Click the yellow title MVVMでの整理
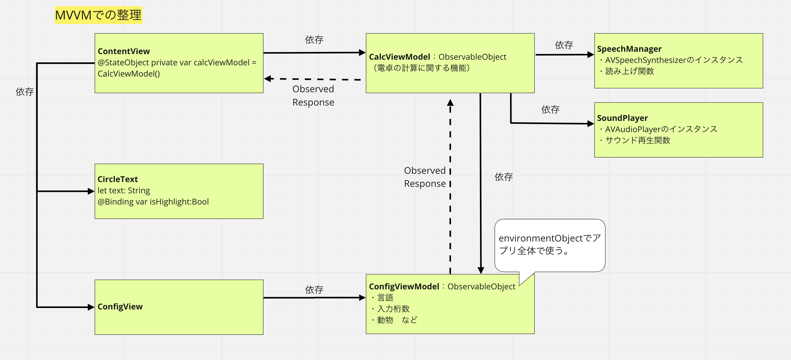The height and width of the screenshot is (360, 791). point(98,15)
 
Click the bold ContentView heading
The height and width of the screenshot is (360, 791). point(123,51)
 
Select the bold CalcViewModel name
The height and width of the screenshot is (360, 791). point(399,57)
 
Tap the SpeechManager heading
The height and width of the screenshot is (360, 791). point(629,49)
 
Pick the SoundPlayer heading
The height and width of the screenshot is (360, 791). point(622,118)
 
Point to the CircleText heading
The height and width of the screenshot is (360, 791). point(118,179)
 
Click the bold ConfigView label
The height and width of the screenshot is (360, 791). point(120,307)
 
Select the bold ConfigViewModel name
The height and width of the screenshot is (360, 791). point(404,286)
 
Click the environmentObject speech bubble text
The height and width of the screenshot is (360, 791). point(549,244)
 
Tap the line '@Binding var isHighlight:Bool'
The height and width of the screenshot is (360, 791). point(153,202)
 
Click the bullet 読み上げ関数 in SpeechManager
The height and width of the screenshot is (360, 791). point(629,71)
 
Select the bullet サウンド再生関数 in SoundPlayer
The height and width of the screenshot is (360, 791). point(637,140)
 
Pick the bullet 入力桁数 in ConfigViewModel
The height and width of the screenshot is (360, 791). point(393,309)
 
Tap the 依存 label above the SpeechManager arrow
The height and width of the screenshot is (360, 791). point(564,45)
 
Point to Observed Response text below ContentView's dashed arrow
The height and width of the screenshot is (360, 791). point(313,95)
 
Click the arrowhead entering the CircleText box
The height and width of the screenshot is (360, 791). point(91,191)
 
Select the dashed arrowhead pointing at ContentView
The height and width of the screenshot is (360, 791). point(268,79)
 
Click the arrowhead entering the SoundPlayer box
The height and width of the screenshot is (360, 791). point(590,124)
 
